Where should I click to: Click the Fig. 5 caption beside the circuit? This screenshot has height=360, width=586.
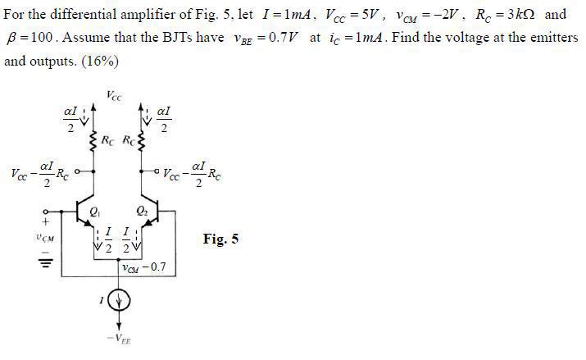click(220, 239)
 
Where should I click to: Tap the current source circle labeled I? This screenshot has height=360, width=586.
click(119, 300)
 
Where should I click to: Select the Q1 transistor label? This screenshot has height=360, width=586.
click(95, 212)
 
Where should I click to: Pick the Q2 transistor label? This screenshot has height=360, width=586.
click(142, 212)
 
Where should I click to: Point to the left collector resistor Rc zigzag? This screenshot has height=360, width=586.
click(93, 141)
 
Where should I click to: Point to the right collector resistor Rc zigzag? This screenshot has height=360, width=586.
click(141, 141)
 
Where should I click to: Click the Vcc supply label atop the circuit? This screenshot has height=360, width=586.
click(114, 96)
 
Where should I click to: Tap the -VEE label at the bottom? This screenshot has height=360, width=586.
click(119, 339)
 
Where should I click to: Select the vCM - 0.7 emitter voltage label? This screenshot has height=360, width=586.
click(144, 267)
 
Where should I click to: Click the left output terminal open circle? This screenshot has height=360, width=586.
click(77, 171)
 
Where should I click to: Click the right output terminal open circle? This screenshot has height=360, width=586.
click(157, 171)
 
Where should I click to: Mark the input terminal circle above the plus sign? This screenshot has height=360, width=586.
click(46, 212)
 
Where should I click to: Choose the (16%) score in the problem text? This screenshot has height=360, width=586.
click(99, 61)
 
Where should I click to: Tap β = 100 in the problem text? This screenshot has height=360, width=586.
click(31, 38)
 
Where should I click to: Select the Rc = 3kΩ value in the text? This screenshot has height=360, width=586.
click(506, 15)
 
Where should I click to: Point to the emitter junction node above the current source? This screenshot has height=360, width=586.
click(119, 259)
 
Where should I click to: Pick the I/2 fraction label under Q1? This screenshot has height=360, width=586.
click(108, 240)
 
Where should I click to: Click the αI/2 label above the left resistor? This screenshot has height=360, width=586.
click(70, 119)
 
